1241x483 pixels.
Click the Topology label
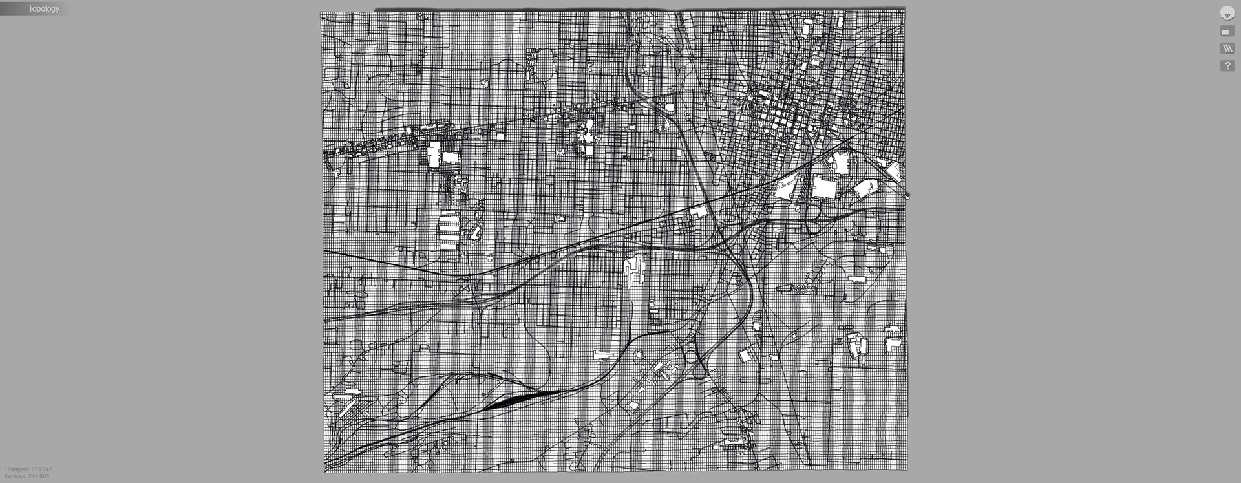(43, 9)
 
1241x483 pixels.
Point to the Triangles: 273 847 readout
(28, 469)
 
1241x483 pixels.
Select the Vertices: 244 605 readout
(27, 477)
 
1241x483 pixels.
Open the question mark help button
(1227, 66)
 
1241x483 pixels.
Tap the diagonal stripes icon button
(1227, 48)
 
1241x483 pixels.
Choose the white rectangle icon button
(1227, 32)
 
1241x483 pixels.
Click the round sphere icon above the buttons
(1227, 13)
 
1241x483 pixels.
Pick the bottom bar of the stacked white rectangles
(449, 246)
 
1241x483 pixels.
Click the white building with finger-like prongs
(636, 270)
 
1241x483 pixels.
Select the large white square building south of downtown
(823, 188)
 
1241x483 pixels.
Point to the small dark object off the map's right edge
(907, 195)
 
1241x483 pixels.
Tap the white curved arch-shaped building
(865, 189)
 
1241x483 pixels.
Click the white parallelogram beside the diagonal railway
(699, 211)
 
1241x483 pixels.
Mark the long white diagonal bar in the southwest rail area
(347, 407)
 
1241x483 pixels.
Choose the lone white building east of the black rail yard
(602, 355)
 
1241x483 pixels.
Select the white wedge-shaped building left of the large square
(785, 188)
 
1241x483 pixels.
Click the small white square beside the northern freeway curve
(669, 108)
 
